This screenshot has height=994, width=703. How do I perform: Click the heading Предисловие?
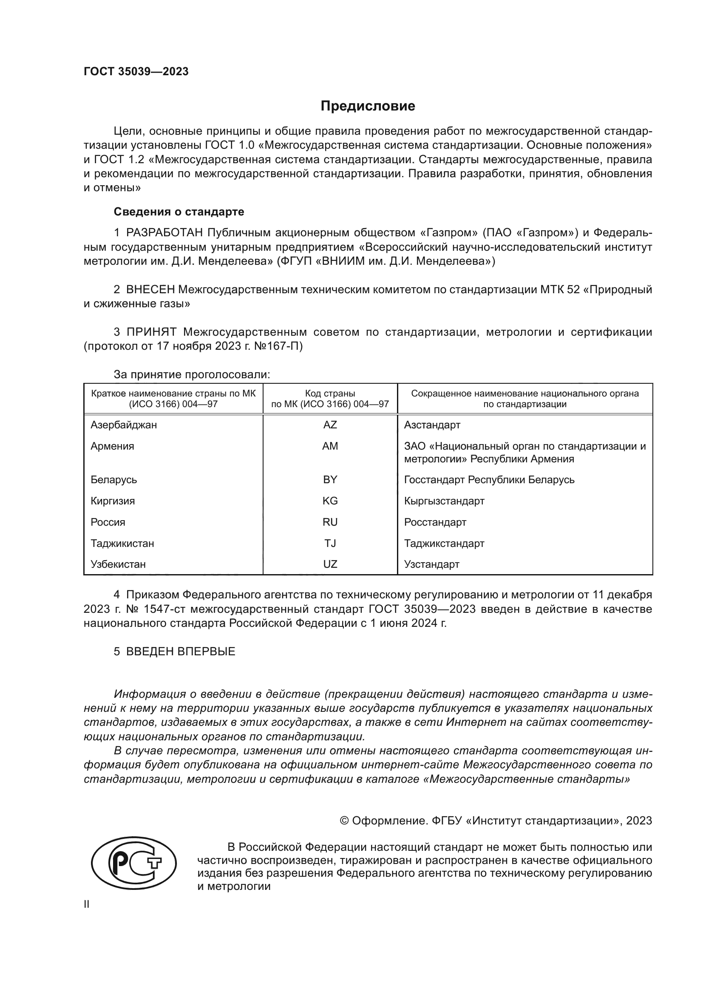pyautogui.click(x=368, y=106)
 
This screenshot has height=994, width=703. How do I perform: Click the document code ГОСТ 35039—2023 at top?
pyautogui.click(x=136, y=72)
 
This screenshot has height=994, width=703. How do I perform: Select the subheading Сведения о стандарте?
pyautogui.click(x=179, y=212)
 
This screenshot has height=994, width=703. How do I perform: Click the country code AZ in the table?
pyautogui.click(x=330, y=425)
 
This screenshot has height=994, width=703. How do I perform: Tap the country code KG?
pyautogui.click(x=330, y=501)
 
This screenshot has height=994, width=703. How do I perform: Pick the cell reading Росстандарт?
pyautogui.click(x=435, y=522)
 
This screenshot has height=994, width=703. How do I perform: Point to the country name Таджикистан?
pyautogui.click(x=122, y=544)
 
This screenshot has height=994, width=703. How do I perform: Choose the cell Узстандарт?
pyautogui.click(x=431, y=564)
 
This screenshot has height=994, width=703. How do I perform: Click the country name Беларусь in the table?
pyautogui.click(x=113, y=480)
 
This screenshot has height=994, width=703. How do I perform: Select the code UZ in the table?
pyautogui.click(x=330, y=564)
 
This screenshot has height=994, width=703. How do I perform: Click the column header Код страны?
pyautogui.click(x=330, y=394)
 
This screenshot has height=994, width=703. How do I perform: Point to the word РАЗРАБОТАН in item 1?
pyautogui.click(x=164, y=233)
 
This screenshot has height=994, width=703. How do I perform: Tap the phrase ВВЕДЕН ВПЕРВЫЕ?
pyautogui.click(x=181, y=651)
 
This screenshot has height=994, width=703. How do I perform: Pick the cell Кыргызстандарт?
pyautogui.click(x=444, y=501)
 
